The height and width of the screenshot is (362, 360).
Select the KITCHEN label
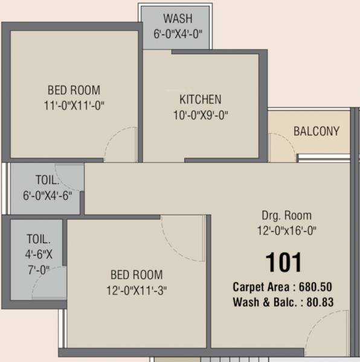click(201, 99)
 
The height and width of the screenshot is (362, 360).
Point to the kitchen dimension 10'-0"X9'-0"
click(201, 115)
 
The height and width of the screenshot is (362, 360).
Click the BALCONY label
click(316, 131)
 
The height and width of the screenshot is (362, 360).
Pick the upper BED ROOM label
click(74, 91)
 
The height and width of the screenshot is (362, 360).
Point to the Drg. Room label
click(286, 215)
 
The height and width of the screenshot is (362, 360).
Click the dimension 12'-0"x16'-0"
click(286, 230)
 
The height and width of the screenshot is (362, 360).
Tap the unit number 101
click(284, 262)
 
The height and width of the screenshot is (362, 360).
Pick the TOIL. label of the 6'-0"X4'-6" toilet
click(47, 180)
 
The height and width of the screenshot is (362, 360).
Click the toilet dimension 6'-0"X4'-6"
click(47, 194)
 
